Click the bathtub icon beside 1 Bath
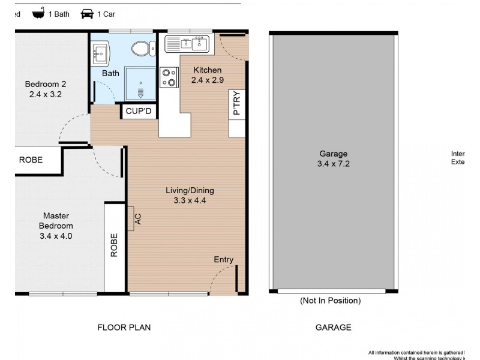[39, 14]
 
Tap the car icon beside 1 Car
[87, 14]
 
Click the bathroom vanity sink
[100, 53]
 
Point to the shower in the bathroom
[140, 83]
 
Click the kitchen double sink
[187, 44]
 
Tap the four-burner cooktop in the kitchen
[169, 77]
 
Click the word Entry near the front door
[223, 259]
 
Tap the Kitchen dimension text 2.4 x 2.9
[207, 80]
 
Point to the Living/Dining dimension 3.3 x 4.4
[190, 201]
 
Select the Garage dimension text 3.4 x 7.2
[333, 164]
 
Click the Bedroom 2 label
[45, 84]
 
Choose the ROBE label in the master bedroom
[114, 245]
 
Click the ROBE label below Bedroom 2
[31, 160]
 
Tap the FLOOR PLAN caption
[124, 328]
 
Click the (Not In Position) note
[330, 301]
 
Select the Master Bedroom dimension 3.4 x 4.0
[55, 236]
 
